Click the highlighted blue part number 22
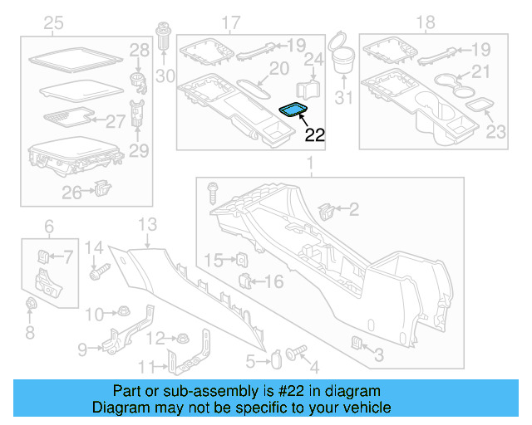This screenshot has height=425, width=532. pyautogui.click(x=293, y=109)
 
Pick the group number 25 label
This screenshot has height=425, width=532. pyautogui.click(x=54, y=22)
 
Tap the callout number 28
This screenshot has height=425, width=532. pyautogui.click(x=139, y=52)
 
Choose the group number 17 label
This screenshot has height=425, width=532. pyautogui.click(x=230, y=22)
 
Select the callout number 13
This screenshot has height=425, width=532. pyautogui.click(x=147, y=224)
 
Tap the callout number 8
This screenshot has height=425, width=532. pyautogui.click(x=30, y=333)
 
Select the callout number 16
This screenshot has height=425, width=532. pyautogui.click(x=273, y=281)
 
